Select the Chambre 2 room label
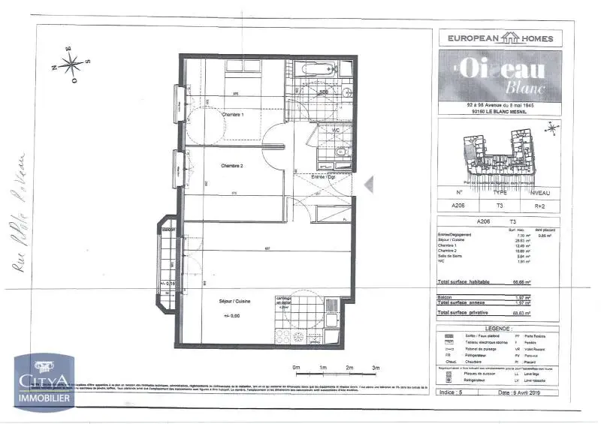pos(233,165)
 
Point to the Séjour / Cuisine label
pos(234,301)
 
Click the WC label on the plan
pos(325,129)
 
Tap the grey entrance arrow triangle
pos(367,184)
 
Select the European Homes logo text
pos(500,38)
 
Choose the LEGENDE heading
pos(500,328)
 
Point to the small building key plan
pos(500,154)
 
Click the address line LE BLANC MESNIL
pos(500,112)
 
